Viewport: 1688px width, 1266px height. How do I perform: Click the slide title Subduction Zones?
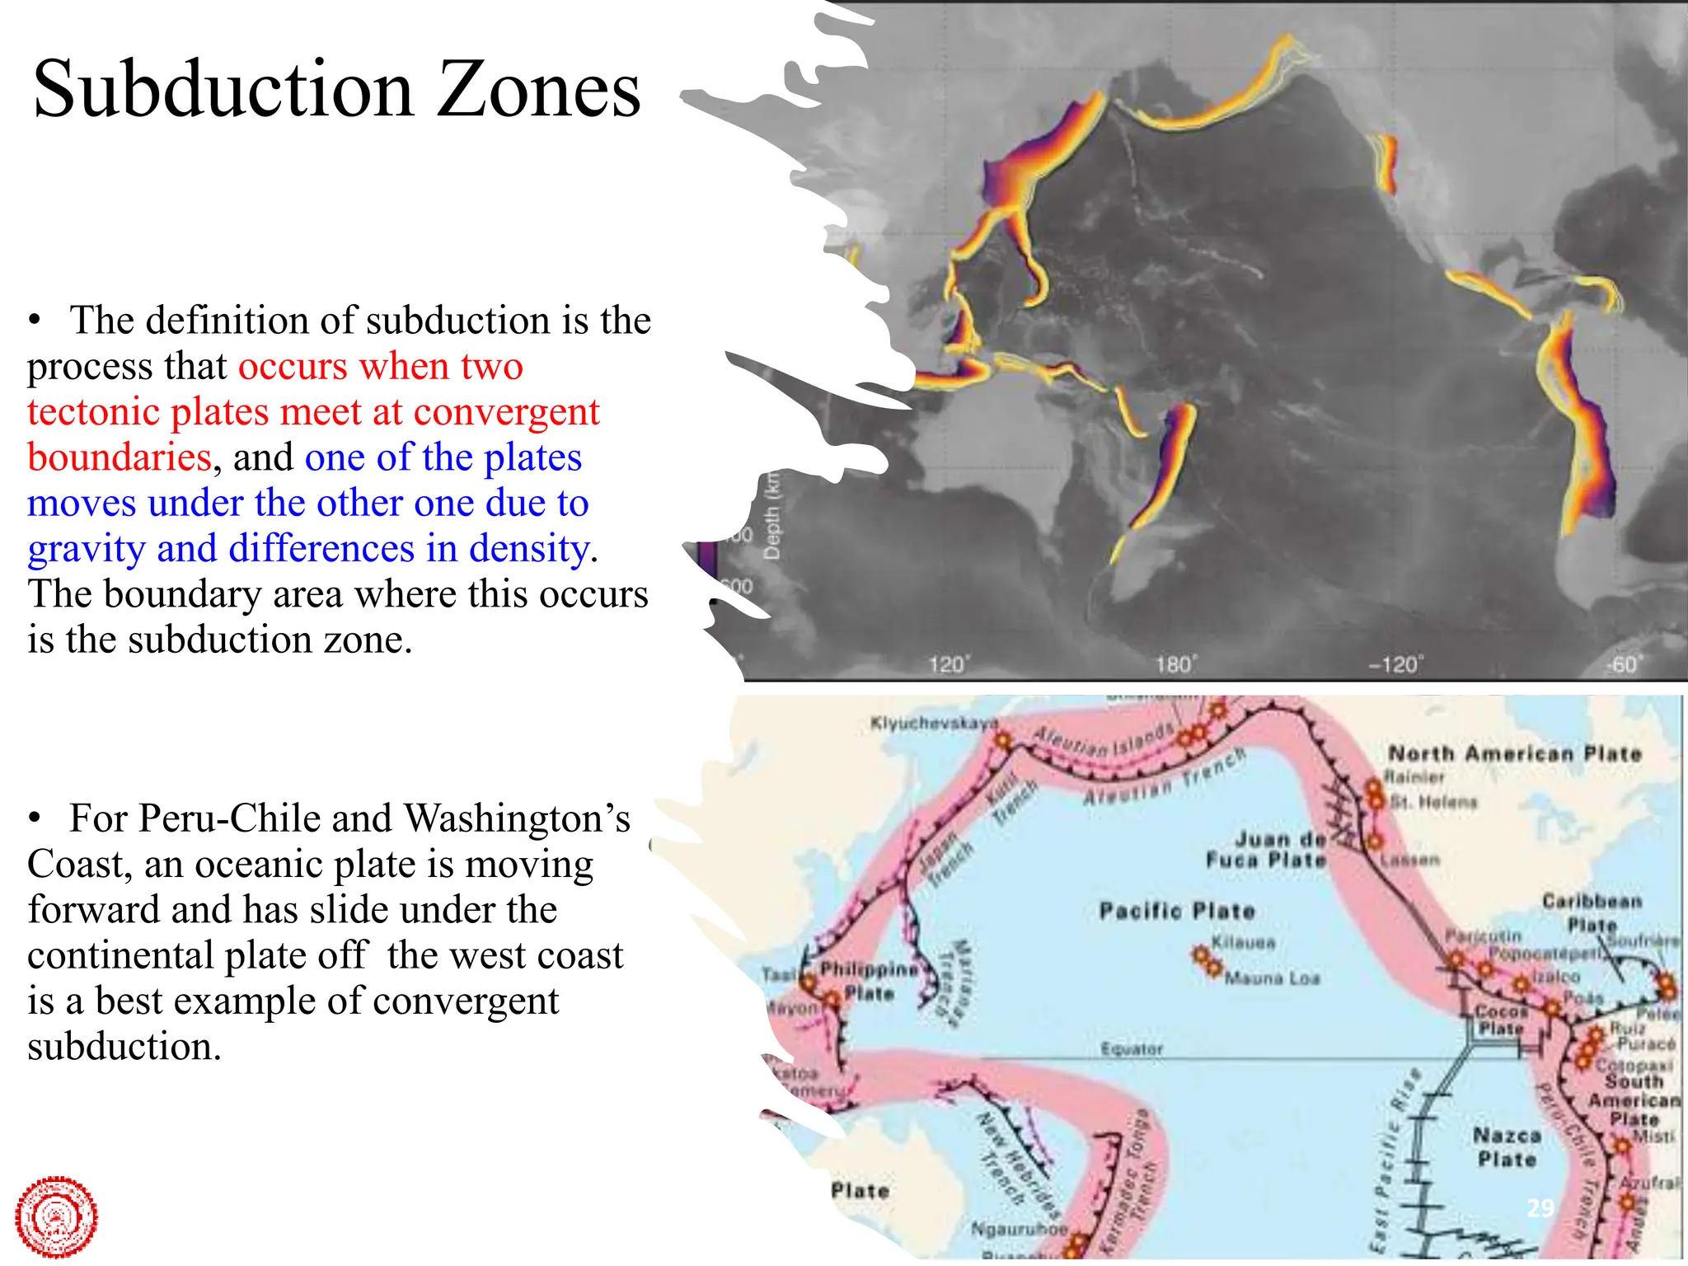[336, 89]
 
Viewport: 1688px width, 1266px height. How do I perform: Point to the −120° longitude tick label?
[1395, 664]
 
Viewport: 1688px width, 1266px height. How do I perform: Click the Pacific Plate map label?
[1177, 911]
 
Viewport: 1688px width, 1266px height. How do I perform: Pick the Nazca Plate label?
[1507, 1147]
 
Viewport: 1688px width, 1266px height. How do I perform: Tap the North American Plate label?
[1515, 753]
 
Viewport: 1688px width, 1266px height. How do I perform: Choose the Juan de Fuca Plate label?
[1267, 850]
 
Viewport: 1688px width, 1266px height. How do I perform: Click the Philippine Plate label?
[869, 981]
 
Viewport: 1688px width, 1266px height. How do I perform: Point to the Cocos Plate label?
[1500, 1020]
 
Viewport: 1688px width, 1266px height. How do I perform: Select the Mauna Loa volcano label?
[1273, 978]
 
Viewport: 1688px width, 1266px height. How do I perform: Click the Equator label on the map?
[1132, 1049]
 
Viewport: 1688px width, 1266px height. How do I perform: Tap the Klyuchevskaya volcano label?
[934, 724]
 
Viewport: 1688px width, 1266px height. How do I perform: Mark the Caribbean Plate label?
[1592, 912]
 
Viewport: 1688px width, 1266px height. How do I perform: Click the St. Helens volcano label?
[1433, 801]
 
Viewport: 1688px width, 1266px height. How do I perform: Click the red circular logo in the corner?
[56, 1217]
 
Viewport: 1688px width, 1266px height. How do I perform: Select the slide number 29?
[1540, 1208]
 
